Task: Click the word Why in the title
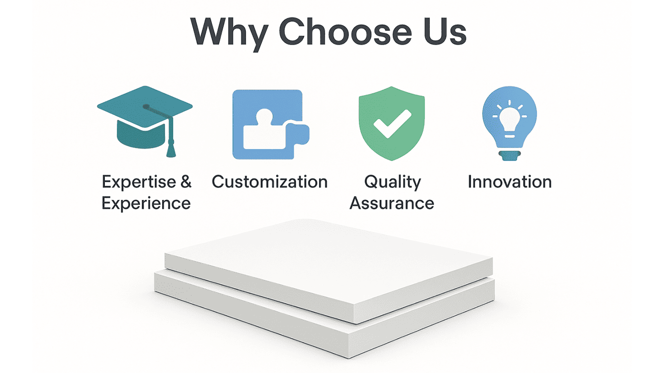point(229,32)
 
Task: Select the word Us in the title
point(445,32)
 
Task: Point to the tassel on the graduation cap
point(170,144)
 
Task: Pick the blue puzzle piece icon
point(269,124)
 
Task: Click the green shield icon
point(392,124)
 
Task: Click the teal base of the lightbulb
point(510,155)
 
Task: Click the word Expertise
point(133,182)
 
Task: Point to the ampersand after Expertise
point(186,182)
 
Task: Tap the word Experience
point(146,203)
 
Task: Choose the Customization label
point(269,182)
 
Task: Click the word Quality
point(392,182)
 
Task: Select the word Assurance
point(392,203)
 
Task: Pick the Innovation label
point(510,182)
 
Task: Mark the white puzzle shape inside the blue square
point(262,132)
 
